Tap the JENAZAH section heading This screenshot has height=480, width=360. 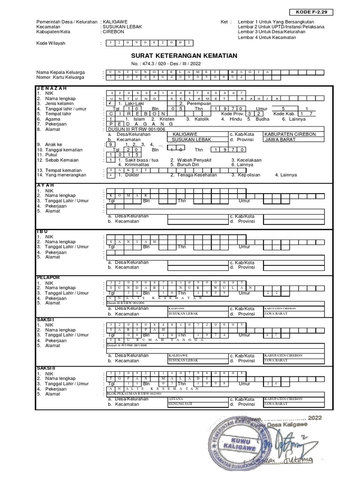(52, 88)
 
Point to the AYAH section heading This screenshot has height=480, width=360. (45, 185)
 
